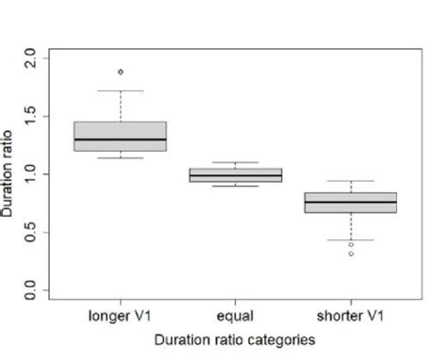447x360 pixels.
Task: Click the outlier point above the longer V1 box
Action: (120, 72)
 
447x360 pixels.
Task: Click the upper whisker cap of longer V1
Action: (121, 91)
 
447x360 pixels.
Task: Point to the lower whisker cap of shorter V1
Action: (350, 239)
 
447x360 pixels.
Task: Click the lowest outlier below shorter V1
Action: (351, 254)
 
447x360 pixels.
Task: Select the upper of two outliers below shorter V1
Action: (351, 244)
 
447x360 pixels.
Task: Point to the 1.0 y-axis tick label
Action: (28, 174)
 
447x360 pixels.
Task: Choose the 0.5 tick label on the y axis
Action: (28, 232)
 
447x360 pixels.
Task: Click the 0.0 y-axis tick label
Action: (28, 289)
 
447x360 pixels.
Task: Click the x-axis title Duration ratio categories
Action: (236, 339)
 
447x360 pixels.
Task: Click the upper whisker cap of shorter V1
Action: (350, 181)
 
